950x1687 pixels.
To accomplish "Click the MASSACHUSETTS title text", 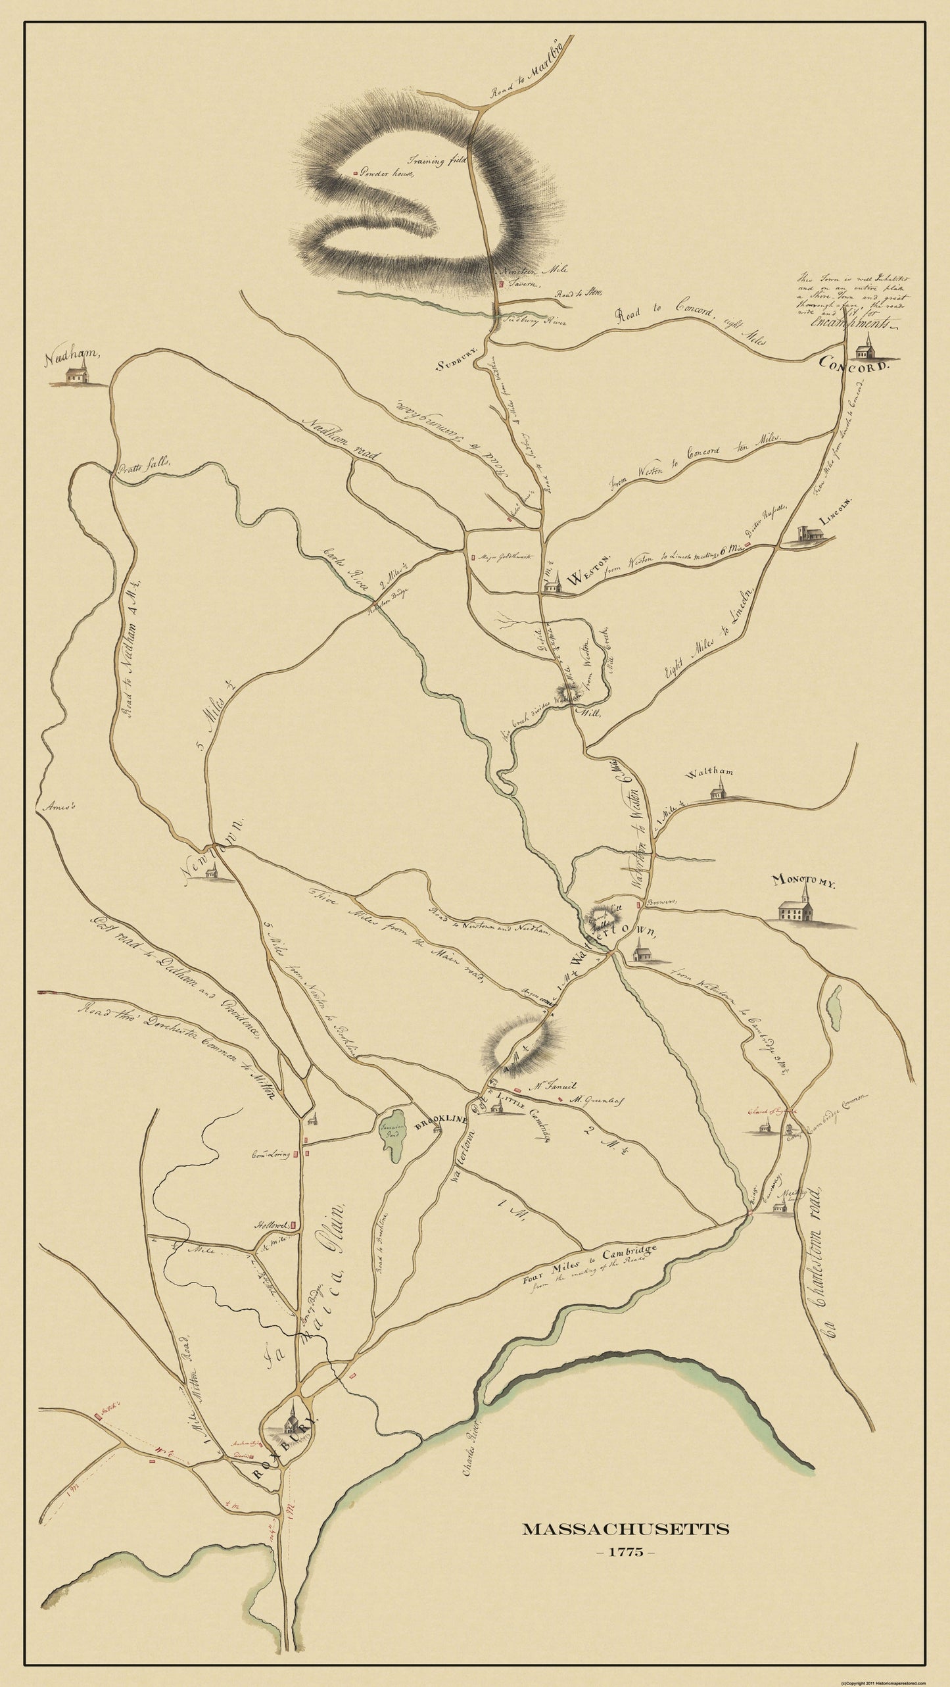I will [625, 1561].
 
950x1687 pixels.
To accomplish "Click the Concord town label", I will [853, 365].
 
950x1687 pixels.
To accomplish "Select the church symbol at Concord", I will [866, 345].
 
